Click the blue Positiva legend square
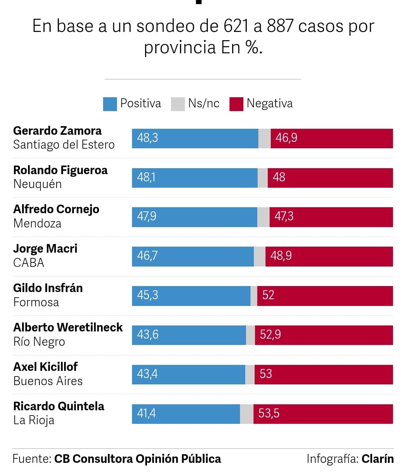(110, 104)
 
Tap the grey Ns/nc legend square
(178, 104)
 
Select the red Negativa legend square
(236, 104)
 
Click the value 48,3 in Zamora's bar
(147, 138)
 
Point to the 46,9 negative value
(286, 138)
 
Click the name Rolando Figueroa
(60, 170)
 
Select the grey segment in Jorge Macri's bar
(259, 256)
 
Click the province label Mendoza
(37, 223)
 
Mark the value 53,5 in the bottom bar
(269, 413)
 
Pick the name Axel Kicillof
(45, 366)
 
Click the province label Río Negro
(39, 342)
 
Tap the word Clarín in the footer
(377, 459)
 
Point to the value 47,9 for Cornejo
(147, 216)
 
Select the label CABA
(28, 263)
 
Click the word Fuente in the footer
(31, 459)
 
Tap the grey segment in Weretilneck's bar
(250, 335)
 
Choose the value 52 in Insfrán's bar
(268, 295)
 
